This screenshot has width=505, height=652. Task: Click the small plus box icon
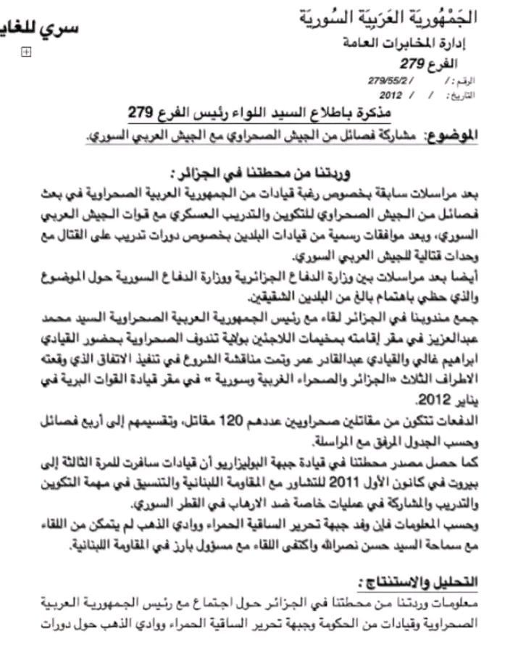tap(26, 51)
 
